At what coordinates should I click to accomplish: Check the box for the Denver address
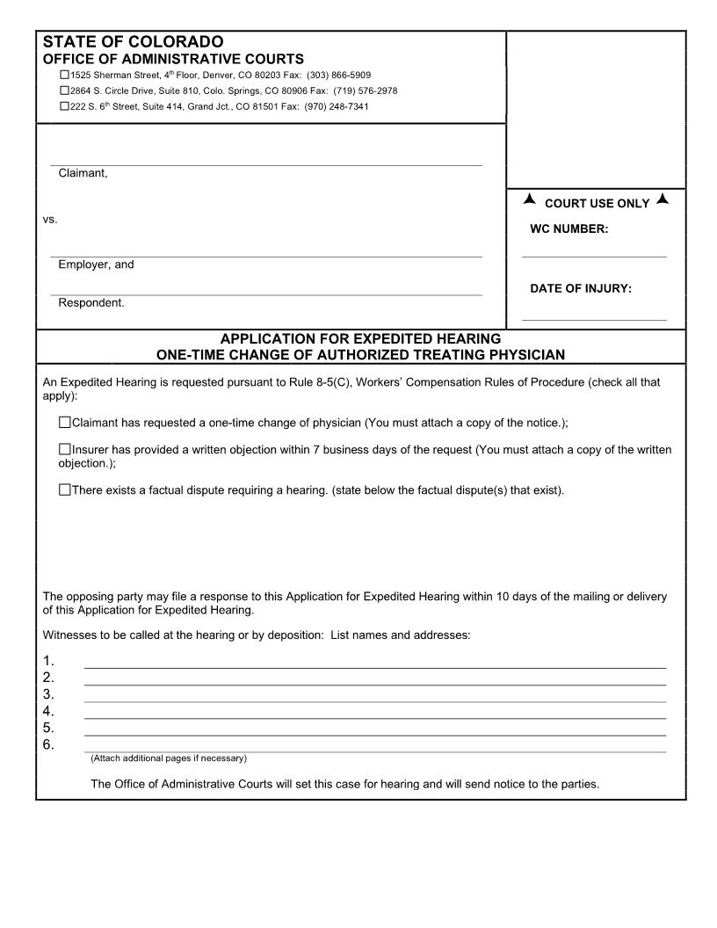pyautogui.click(x=64, y=76)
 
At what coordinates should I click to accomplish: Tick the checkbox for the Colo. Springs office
pyautogui.click(x=64, y=91)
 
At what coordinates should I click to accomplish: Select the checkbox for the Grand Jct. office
pyautogui.click(x=64, y=105)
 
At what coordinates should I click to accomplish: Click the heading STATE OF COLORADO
pyautogui.click(x=133, y=42)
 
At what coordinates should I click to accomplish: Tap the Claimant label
pyautogui.click(x=83, y=173)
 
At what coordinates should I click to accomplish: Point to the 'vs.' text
pyautogui.click(x=50, y=219)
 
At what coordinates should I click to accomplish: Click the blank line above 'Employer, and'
pyautogui.click(x=265, y=256)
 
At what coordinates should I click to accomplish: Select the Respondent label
pyautogui.click(x=91, y=303)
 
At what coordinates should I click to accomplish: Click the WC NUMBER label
pyautogui.click(x=569, y=229)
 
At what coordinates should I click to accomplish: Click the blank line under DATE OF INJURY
pyautogui.click(x=594, y=319)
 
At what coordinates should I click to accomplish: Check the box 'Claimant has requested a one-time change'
pyautogui.click(x=64, y=423)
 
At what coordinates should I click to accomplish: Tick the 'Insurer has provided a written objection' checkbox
pyautogui.click(x=64, y=450)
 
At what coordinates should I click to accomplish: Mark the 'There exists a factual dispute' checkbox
pyautogui.click(x=64, y=490)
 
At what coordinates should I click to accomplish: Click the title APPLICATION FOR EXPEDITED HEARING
pyautogui.click(x=360, y=338)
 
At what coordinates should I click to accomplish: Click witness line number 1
pyautogui.click(x=374, y=666)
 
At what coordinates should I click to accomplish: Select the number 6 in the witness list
pyautogui.click(x=48, y=745)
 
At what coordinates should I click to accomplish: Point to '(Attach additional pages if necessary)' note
pyautogui.click(x=169, y=758)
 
